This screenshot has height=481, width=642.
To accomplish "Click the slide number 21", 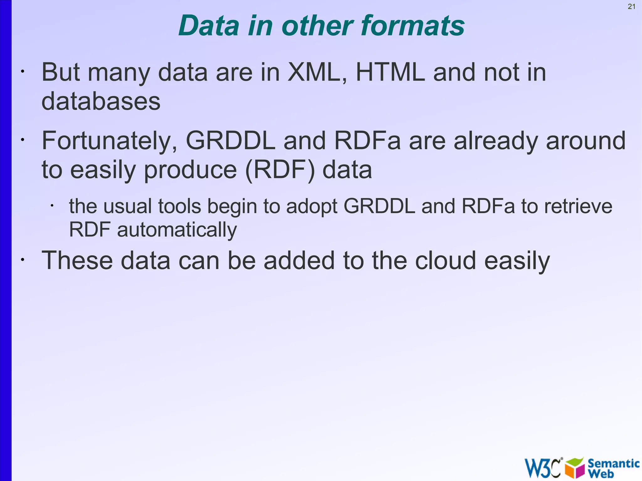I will point(631,7).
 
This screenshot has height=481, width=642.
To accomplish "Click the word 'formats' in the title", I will point(413,26).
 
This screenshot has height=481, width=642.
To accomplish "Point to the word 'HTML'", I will point(390,72).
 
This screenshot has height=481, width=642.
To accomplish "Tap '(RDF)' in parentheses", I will point(280,170).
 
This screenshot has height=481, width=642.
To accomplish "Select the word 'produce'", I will point(190,170).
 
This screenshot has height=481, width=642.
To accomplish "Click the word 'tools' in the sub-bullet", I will point(179,207).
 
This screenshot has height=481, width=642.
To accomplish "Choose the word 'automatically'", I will point(177,230).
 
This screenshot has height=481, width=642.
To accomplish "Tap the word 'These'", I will point(77,260).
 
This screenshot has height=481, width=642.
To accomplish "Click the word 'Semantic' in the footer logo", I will point(613,463).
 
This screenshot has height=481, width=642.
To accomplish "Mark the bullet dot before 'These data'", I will point(22,260).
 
